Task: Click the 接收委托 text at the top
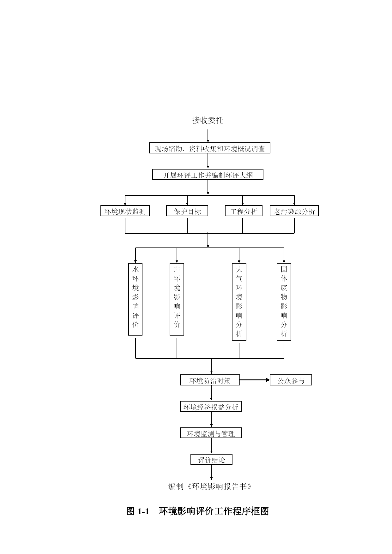pyautogui.click(x=208, y=120)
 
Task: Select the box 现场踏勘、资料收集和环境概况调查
pyautogui.click(x=209, y=148)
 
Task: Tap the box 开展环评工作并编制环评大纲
pyautogui.click(x=208, y=175)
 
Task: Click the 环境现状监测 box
pyautogui.click(x=125, y=211)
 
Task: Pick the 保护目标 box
pyautogui.click(x=187, y=211)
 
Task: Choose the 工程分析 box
pyautogui.click(x=244, y=211)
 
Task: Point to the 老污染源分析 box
pyautogui.click(x=294, y=211)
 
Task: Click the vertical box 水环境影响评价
pyautogui.click(x=136, y=299)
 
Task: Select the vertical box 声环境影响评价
pyautogui.click(x=177, y=299)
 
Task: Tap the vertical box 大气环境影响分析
pyautogui.click(x=239, y=302)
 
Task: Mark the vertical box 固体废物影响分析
pyautogui.click(x=284, y=302)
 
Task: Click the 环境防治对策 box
pyautogui.click(x=210, y=380)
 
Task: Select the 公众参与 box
pyautogui.click(x=291, y=380)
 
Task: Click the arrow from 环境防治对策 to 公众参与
pyautogui.click(x=255, y=380)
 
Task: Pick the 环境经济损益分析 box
pyautogui.click(x=211, y=407)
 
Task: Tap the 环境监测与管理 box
pyautogui.click(x=211, y=433)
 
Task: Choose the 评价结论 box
pyautogui.click(x=211, y=459)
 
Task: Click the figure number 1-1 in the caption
pyautogui.click(x=143, y=511)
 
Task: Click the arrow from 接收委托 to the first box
pyautogui.click(x=208, y=136)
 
